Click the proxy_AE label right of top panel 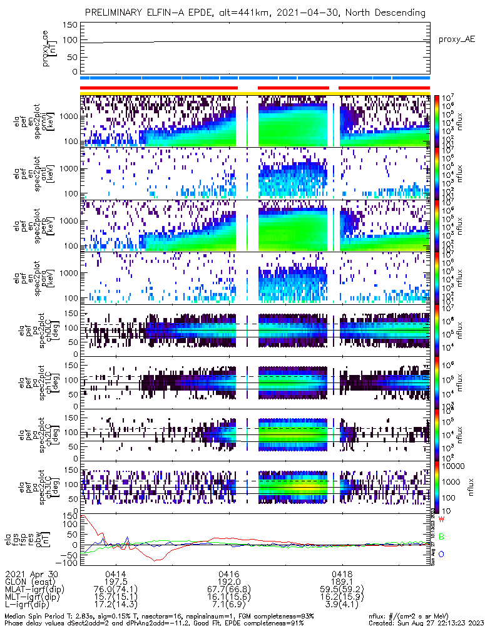[x=456, y=39]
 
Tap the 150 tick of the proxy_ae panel [x=71, y=25]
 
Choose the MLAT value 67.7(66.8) [x=228, y=589]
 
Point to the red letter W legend [x=441, y=519]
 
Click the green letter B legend [x=441, y=536]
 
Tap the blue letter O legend [x=441, y=554]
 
